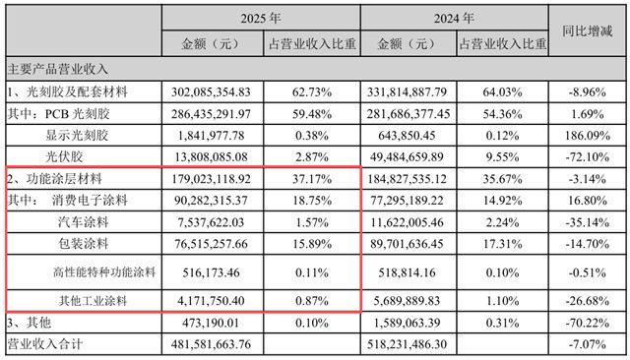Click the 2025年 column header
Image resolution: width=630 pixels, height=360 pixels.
pos(259,18)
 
